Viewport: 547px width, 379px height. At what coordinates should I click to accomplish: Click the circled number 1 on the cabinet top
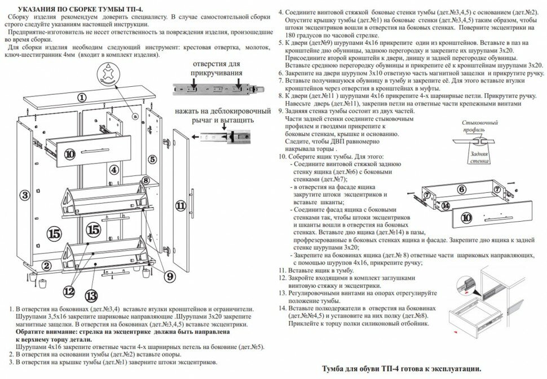[x=82, y=97]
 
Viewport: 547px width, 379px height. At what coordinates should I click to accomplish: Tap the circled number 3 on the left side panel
[x=24, y=195]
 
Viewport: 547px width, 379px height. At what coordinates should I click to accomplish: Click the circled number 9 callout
[x=170, y=276]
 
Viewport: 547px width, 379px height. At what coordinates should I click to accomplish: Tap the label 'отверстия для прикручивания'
[x=217, y=68]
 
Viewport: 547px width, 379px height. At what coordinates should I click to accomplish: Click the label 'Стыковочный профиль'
[x=479, y=126]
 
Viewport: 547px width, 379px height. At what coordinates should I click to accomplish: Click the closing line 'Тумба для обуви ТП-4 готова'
[x=401, y=368]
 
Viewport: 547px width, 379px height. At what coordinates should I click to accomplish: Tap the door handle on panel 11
[x=195, y=203]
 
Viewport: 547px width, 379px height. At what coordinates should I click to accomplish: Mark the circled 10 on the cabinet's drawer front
[x=69, y=152]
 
